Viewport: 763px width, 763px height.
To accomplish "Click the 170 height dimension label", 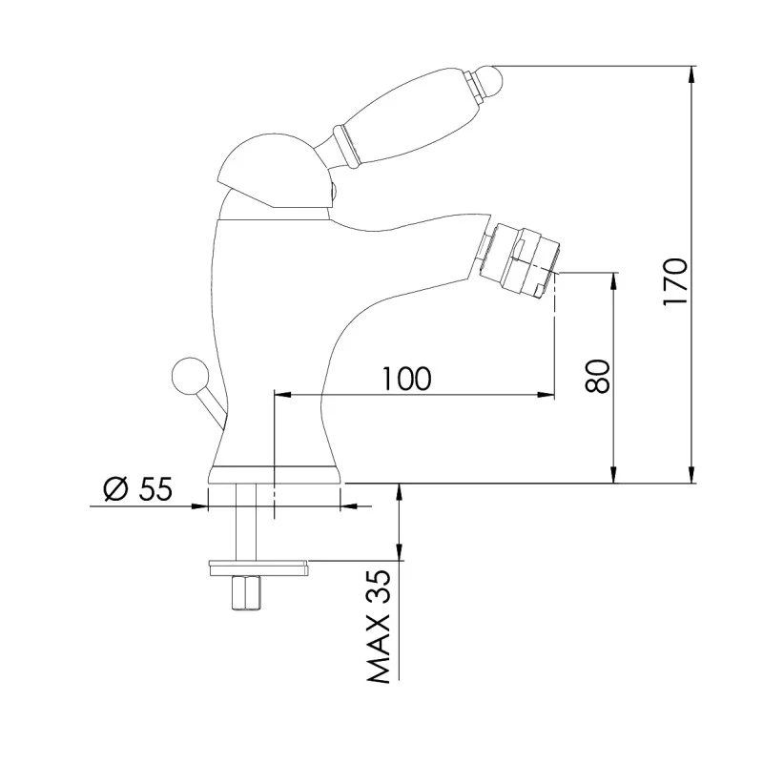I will coord(674,280).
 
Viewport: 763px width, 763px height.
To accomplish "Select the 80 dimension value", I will coord(598,377).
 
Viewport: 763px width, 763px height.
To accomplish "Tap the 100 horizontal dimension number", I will coord(407,378).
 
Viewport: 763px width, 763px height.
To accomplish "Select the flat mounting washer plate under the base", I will coord(257,567).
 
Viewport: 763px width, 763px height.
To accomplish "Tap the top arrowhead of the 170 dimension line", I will coord(692,72).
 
